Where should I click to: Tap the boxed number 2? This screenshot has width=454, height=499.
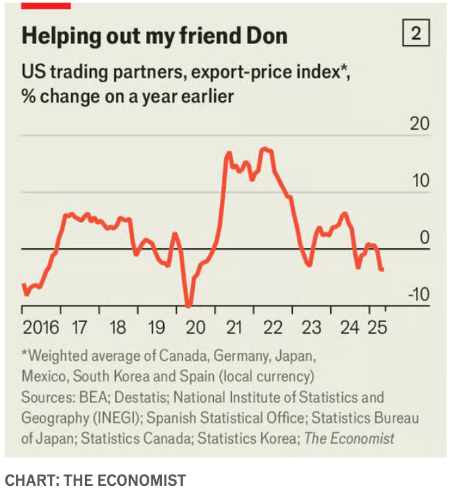point(415,34)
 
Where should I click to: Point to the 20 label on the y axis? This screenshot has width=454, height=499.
point(419,124)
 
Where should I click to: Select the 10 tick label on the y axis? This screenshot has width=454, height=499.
point(420,180)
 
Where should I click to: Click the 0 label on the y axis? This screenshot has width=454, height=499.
point(424,237)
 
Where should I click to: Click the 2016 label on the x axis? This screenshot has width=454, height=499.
point(41,327)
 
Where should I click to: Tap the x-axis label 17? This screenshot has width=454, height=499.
point(80,327)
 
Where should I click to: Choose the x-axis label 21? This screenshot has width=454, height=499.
point(234,327)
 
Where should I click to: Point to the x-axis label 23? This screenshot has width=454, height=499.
point(311,327)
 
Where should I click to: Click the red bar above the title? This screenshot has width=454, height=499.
point(46,5)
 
